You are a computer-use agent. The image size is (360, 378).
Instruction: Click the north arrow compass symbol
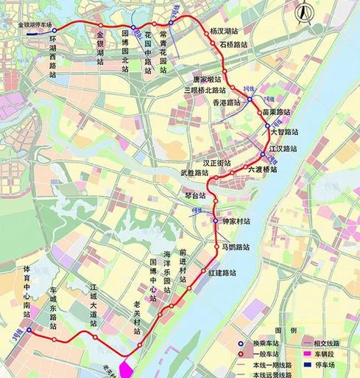303,13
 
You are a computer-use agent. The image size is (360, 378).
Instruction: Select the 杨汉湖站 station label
224,32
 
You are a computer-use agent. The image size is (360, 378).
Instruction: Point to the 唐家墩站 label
207,79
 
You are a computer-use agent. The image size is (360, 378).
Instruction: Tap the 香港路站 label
227,102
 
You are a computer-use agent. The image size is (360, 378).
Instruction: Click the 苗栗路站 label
276,113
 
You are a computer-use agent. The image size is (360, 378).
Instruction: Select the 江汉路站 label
283,149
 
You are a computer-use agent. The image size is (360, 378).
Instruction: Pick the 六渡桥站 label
262,169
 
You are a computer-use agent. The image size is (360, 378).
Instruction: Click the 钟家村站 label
236,221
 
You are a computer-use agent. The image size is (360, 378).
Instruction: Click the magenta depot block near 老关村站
124,367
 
